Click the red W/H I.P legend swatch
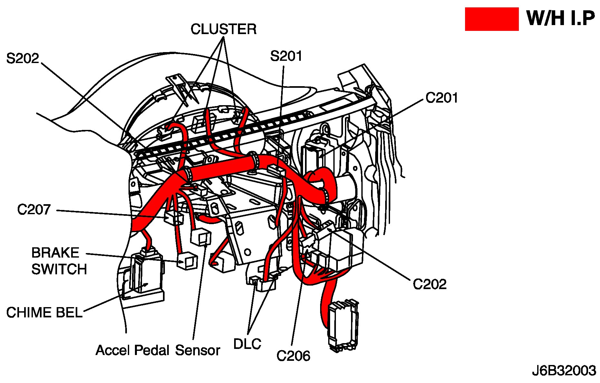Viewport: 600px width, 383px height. coord(491,19)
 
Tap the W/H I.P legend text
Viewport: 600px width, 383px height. coord(561,18)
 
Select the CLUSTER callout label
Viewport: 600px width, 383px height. coord(224,29)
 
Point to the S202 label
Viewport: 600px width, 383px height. coord(23,59)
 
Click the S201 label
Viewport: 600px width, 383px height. coord(286,56)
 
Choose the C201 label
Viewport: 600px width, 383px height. coord(442,98)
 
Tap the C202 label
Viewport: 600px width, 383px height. coord(430,284)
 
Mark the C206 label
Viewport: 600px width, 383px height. coord(293,356)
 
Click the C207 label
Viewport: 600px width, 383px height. coord(34,210)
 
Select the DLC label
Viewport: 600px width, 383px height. coord(247,344)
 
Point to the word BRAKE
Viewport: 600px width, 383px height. coord(55,253)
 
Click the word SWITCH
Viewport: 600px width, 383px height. coord(59,269)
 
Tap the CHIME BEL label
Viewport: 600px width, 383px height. coord(44,313)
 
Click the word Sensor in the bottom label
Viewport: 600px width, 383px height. coord(197,350)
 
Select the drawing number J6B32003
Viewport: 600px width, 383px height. coord(564,371)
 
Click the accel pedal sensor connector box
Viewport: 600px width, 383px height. coord(201,237)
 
